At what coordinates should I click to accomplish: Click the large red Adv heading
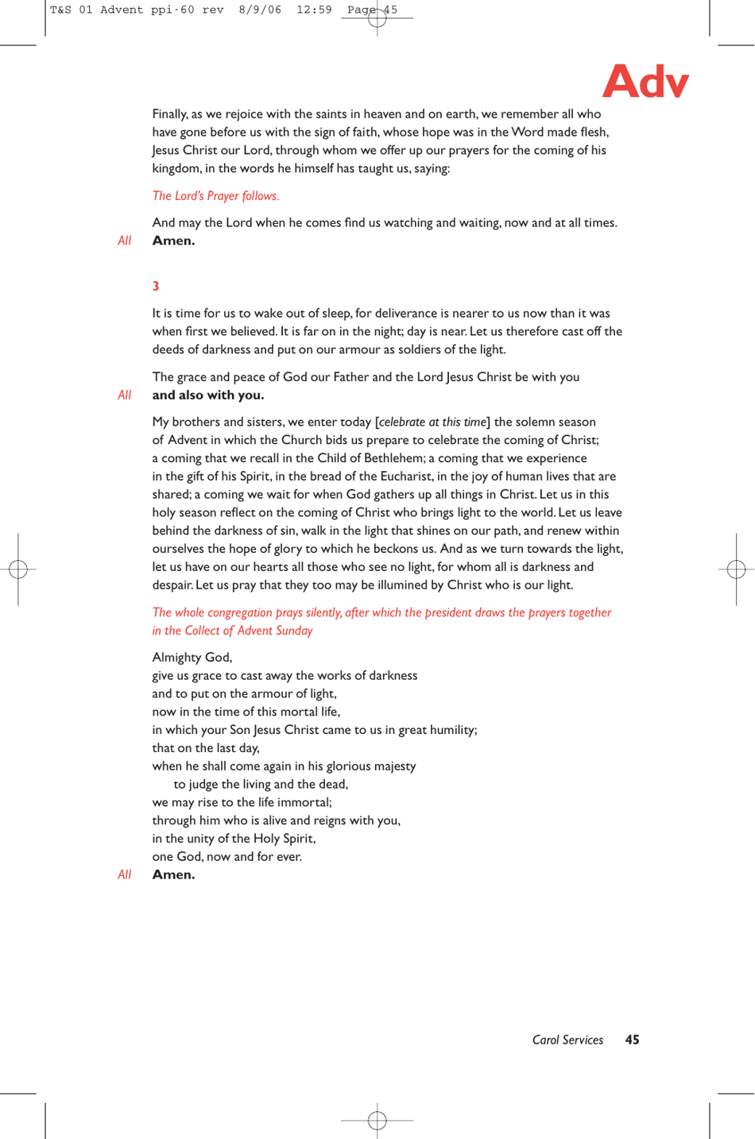click(645, 81)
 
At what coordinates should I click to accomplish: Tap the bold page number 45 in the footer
click(632, 1040)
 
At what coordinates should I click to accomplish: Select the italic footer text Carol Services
click(567, 1040)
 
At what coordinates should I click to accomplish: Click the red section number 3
click(156, 286)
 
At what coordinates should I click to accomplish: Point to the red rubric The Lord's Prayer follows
click(215, 196)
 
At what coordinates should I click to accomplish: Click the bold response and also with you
click(208, 396)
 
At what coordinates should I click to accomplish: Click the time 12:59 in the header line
click(314, 10)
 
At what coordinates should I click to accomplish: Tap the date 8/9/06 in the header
click(260, 10)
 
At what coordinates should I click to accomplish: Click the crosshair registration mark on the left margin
click(18, 569)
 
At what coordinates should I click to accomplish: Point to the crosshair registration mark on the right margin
click(736, 569)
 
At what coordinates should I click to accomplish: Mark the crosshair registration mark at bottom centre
click(377, 1121)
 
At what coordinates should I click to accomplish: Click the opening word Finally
click(169, 114)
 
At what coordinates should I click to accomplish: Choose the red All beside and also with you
click(124, 396)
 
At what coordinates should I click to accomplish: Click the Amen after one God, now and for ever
click(173, 875)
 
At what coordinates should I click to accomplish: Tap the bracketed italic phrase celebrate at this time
click(432, 423)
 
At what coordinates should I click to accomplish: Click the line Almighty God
click(192, 658)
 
